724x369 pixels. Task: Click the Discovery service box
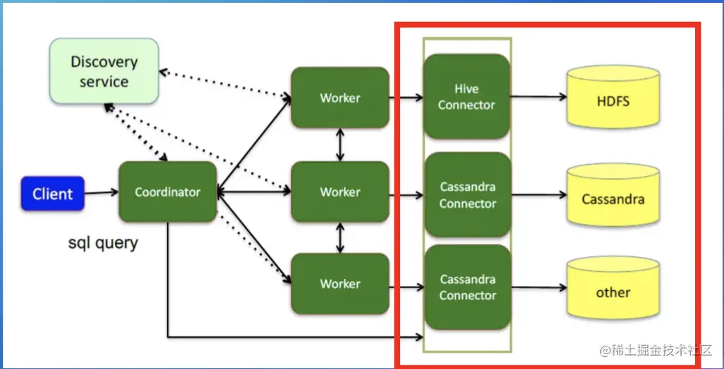(x=104, y=71)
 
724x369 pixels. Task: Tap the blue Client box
(x=53, y=194)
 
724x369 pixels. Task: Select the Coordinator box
(x=167, y=192)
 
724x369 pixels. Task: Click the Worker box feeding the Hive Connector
(x=340, y=97)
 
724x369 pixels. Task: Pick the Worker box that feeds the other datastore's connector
(x=340, y=284)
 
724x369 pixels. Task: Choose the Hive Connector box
(x=466, y=96)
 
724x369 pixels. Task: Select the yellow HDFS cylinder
(x=613, y=101)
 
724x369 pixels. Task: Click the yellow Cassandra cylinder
(x=613, y=199)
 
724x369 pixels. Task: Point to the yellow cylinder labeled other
(x=613, y=292)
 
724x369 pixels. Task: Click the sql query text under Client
(x=103, y=244)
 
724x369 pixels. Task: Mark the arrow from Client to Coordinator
(x=101, y=192)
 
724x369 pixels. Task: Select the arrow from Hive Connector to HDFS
(x=539, y=96)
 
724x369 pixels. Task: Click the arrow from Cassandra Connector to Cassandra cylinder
(x=539, y=195)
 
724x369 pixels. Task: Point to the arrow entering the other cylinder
(x=539, y=288)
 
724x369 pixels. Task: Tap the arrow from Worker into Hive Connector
(x=406, y=97)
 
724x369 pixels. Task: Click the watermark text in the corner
(x=656, y=350)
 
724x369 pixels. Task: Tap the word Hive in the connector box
(x=466, y=89)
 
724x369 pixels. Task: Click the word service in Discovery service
(x=104, y=82)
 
